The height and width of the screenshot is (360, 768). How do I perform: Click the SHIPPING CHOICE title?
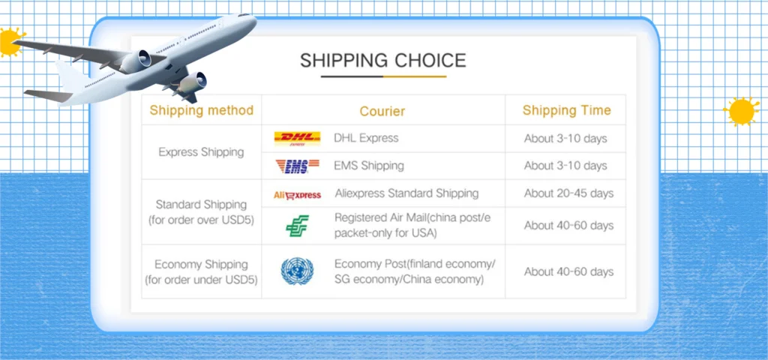[383, 60]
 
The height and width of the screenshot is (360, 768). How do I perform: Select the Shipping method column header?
[201, 110]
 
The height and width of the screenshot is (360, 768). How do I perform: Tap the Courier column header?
[382, 111]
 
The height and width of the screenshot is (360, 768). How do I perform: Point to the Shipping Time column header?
[567, 110]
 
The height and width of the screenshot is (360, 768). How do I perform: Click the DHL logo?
[297, 139]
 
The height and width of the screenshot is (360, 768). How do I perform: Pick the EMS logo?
[297, 166]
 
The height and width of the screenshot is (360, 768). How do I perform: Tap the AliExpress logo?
[297, 195]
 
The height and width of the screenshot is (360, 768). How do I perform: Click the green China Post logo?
[297, 226]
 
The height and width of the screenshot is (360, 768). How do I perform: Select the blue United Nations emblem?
[297, 271]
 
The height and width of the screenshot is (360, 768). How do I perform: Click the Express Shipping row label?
[201, 152]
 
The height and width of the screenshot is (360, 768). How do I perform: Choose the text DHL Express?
[366, 138]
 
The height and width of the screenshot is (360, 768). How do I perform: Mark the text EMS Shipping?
[369, 166]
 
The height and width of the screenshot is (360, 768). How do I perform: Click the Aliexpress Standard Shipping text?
[406, 193]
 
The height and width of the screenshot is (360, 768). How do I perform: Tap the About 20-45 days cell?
[568, 193]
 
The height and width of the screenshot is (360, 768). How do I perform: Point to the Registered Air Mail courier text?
[412, 225]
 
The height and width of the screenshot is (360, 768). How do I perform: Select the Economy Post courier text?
[415, 271]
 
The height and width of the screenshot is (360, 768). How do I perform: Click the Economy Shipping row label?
[201, 271]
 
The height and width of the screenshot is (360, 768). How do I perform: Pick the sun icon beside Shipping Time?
[742, 111]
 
